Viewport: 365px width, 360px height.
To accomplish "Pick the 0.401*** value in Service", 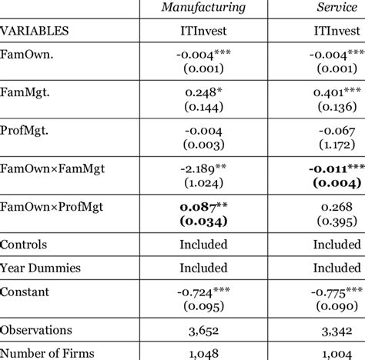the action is pyautogui.click(x=333, y=92).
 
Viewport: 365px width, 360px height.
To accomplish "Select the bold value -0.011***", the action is pyautogui.click(x=333, y=169).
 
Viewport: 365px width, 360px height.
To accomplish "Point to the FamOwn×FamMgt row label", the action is pyautogui.click(x=52, y=167).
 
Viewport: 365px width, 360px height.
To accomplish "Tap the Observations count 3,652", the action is pyautogui.click(x=203, y=330).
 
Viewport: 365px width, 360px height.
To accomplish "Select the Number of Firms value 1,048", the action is pyautogui.click(x=203, y=353).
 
